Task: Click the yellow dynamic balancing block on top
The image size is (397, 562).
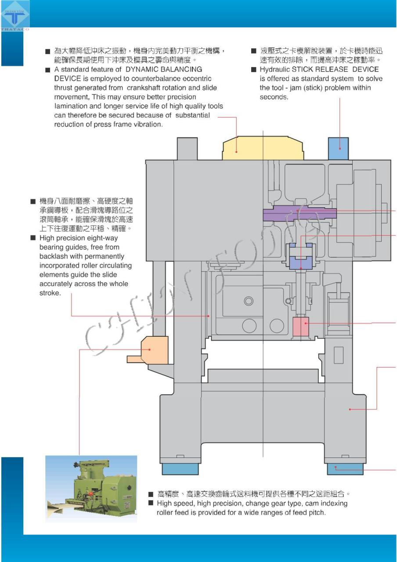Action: click(x=263, y=149)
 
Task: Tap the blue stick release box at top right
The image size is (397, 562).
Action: click(x=338, y=149)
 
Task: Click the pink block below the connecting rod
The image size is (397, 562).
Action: click(x=300, y=326)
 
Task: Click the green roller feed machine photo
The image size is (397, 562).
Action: click(x=91, y=488)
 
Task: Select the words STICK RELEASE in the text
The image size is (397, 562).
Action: click(x=319, y=69)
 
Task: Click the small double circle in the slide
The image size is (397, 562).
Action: click(x=249, y=301)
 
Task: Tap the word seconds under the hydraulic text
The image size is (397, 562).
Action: click(x=274, y=97)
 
